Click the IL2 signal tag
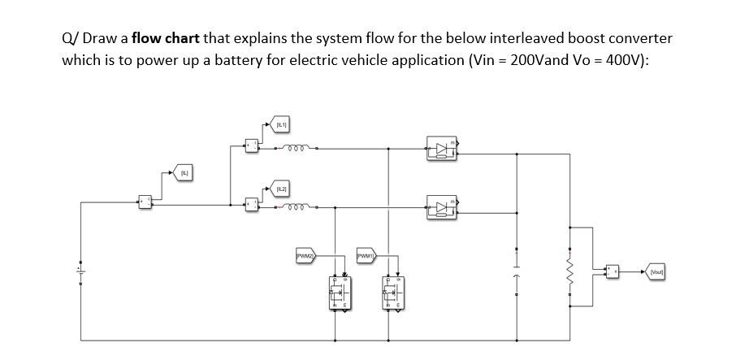281,189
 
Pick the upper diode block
442,149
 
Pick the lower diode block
442,207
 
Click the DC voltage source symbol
80,268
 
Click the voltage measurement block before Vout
612,272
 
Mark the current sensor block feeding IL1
252,146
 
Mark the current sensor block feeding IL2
252,206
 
